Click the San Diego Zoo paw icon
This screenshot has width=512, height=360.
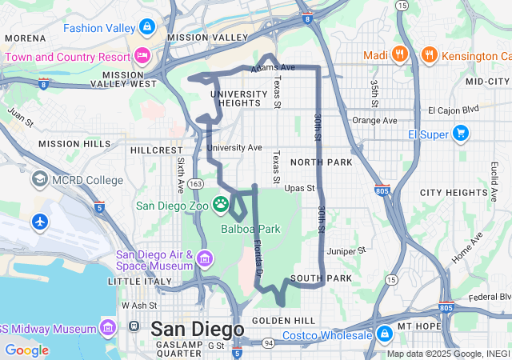pos(221,205)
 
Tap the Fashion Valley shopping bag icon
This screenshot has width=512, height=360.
pos(146,27)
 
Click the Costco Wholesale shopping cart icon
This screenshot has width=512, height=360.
pos(384,332)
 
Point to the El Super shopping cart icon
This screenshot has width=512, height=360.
pos(460,134)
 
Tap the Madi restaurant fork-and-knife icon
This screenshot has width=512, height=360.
pos(401,55)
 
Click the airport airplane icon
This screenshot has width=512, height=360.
pos(40,221)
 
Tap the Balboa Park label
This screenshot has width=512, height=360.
pos(251,229)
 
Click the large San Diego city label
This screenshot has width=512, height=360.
pos(197,329)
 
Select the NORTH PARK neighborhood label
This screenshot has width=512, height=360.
pos(322,162)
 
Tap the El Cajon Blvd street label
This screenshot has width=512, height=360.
pos(452,110)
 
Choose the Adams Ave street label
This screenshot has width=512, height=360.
pos(274,68)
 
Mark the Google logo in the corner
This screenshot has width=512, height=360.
pos(26,350)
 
